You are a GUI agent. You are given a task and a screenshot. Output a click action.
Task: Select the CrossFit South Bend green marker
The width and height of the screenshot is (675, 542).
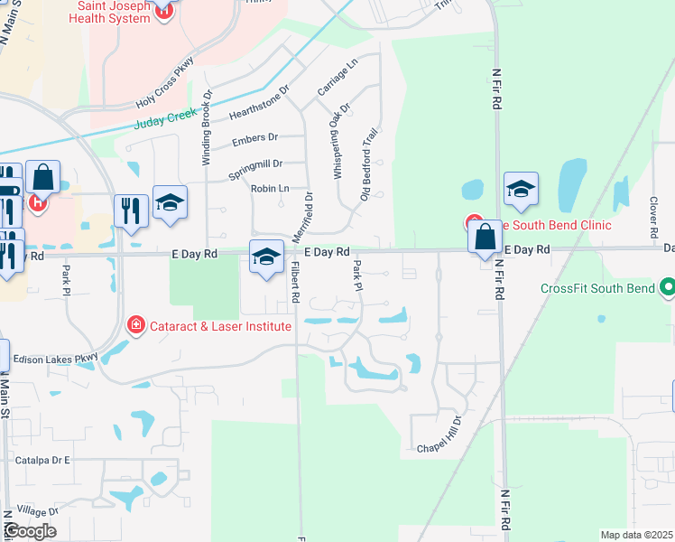[667, 289]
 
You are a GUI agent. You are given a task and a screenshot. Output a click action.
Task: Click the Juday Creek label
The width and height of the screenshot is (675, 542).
[165, 119]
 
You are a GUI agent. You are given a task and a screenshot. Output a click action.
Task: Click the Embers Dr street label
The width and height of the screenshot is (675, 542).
[255, 139]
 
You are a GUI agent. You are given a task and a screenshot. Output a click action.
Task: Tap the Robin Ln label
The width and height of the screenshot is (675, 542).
[270, 188]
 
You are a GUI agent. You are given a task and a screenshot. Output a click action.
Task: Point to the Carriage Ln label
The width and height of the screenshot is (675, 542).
[337, 77]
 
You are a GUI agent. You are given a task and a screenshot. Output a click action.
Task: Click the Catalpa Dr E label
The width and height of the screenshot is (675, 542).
[42, 460]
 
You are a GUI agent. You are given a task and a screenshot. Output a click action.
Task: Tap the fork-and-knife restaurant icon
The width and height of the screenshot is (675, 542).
[131, 211]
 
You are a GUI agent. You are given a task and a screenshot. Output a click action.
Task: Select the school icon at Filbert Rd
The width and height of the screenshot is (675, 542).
[266, 259]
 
